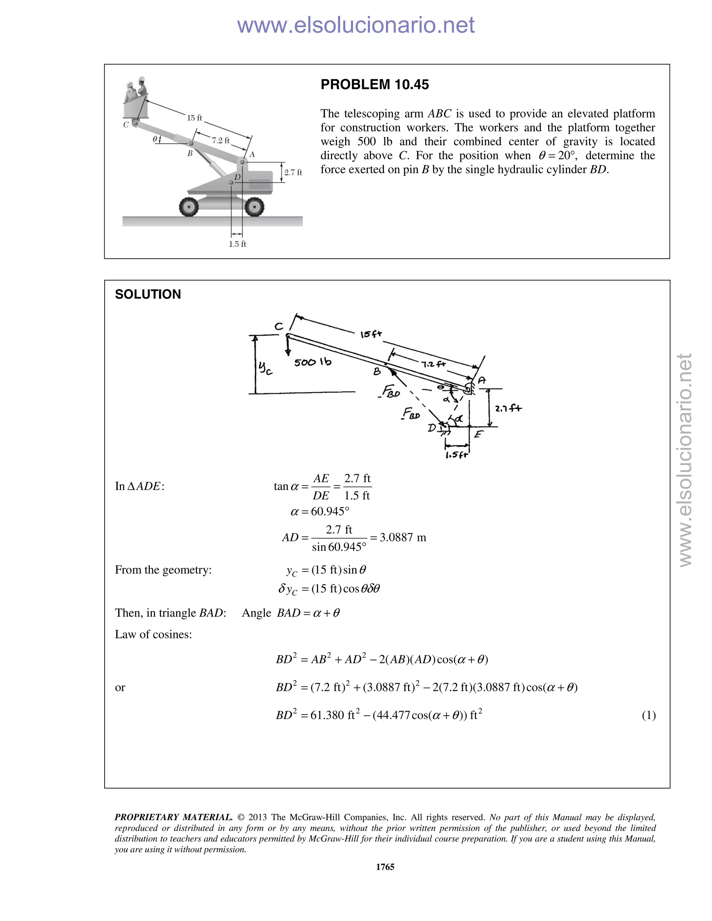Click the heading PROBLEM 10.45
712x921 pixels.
(374, 84)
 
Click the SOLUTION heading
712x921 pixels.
(148, 294)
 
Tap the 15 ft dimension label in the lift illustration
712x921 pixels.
(194, 118)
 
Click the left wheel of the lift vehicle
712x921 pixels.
(188, 207)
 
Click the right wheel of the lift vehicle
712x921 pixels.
(254, 207)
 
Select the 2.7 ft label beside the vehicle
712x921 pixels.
(293, 172)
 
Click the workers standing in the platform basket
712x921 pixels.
(136, 89)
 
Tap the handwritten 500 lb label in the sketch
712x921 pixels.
(313, 362)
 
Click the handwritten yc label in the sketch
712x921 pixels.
(265, 368)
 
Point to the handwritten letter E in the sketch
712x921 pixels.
(478, 434)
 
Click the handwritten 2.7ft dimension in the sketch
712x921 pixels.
(508, 408)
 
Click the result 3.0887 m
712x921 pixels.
(403, 537)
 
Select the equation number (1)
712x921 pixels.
(649, 715)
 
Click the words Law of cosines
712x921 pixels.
(154, 634)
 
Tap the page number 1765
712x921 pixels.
(385, 866)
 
